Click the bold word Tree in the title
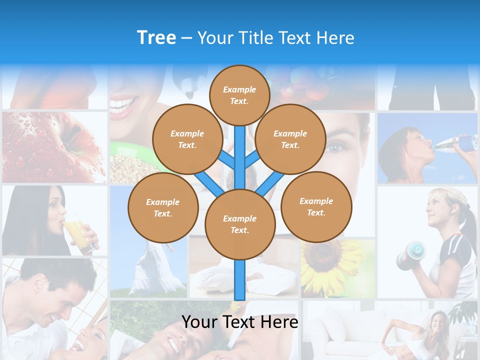click(156, 38)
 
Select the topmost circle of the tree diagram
click(239, 95)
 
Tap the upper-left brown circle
click(187, 139)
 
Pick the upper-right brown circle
click(290, 139)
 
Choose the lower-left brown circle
click(163, 208)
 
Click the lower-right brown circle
click(316, 207)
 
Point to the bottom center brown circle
click(240, 224)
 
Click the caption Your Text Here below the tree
click(239, 322)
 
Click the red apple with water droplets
click(50, 145)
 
